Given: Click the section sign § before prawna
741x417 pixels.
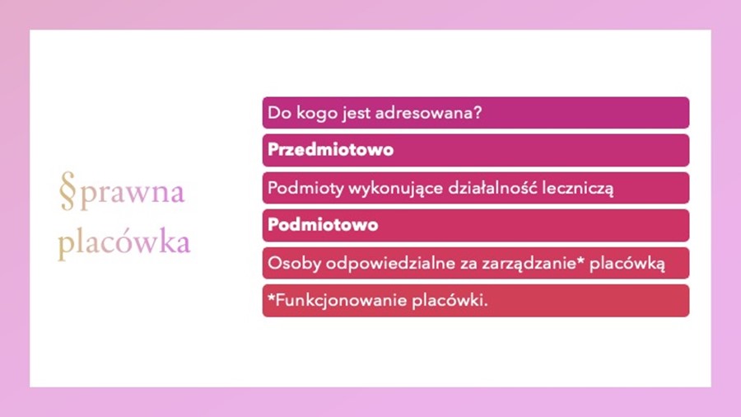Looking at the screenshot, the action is coord(68,190).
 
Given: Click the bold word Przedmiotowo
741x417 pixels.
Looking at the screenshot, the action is coord(330,150).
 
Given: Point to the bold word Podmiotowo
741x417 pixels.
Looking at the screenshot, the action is coord(323,225).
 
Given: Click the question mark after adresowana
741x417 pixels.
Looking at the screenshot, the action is coord(478,113).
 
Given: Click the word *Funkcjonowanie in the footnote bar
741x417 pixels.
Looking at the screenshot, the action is coord(337,301).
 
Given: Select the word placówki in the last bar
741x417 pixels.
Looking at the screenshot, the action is coord(450,301).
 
